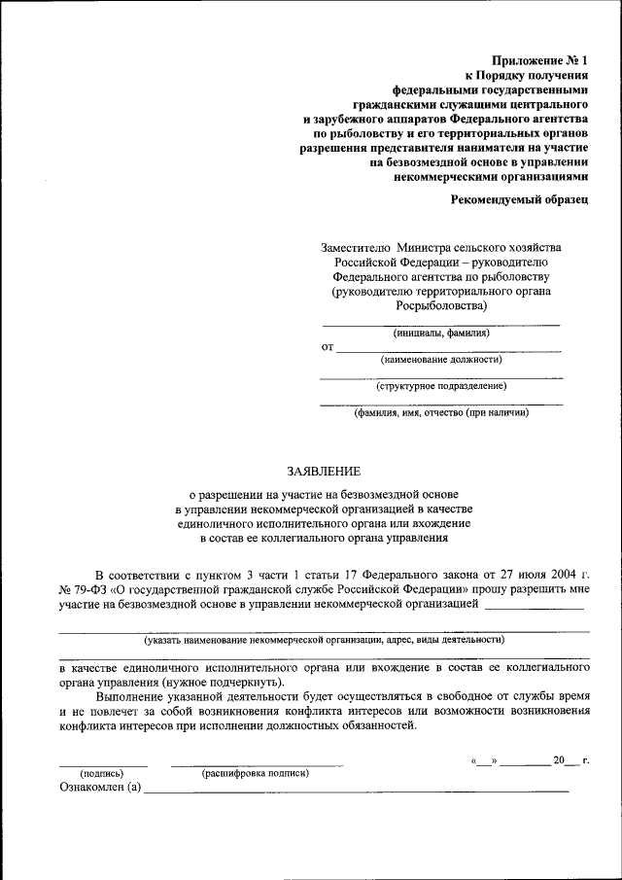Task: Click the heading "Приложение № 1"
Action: pos(547,59)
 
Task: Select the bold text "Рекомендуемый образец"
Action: pos(520,199)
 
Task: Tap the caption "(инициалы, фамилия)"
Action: pos(441,333)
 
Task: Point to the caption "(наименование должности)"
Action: pos(441,359)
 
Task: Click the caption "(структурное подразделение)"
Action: pos(441,385)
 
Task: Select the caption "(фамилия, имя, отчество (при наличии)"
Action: pos(441,411)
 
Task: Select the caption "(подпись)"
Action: pos(102,773)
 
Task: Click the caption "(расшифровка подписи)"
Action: pos(256,773)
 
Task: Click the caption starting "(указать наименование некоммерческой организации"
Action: pos(324,641)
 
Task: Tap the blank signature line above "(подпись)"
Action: pos(103,764)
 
